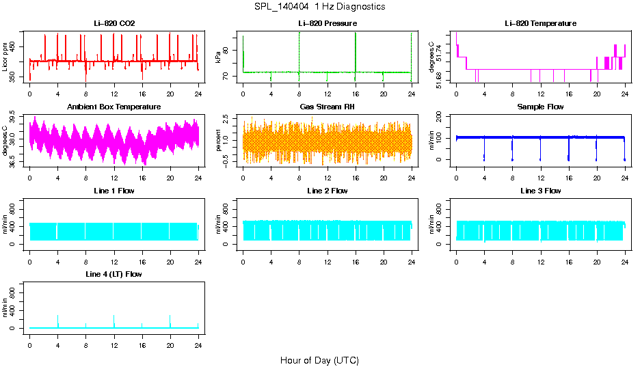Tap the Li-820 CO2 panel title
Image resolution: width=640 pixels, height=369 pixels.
tap(114, 24)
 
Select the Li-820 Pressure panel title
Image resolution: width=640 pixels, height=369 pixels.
tap(327, 24)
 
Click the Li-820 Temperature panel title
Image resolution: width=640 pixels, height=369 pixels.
tap(540, 24)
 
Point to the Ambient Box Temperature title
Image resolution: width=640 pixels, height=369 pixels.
tap(114, 107)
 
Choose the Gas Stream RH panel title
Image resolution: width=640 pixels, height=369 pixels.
tap(327, 107)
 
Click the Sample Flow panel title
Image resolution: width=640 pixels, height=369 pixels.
tap(540, 107)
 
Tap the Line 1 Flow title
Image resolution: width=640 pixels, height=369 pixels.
tap(114, 191)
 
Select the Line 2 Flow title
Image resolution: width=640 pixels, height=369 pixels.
tap(327, 191)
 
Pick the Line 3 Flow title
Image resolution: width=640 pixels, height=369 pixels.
tap(540, 191)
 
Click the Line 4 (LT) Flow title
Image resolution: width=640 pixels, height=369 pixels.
tap(114, 275)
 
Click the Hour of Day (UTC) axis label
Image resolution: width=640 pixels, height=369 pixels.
tap(319, 360)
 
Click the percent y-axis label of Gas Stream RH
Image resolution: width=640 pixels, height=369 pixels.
tap(218, 139)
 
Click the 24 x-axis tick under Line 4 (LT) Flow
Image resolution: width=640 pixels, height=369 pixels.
tap(198, 339)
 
